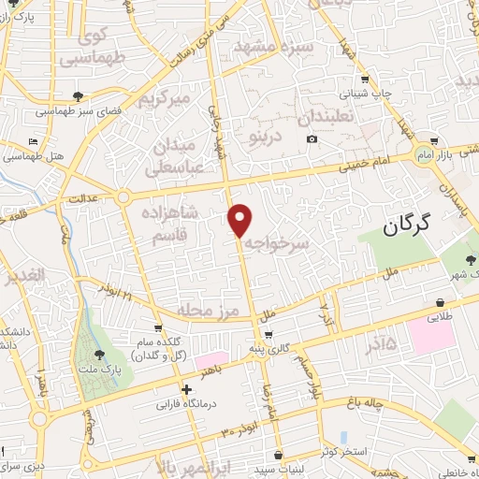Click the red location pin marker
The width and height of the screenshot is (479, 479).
click(x=240, y=220)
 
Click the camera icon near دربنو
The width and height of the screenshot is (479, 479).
click(x=312, y=139)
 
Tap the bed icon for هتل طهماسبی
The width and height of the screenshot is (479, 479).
click(x=35, y=141)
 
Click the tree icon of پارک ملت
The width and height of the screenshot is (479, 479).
click(x=100, y=354)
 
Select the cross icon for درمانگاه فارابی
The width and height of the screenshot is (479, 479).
click(x=187, y=389)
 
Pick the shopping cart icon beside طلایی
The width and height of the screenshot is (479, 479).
click(x=439, y=302)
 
